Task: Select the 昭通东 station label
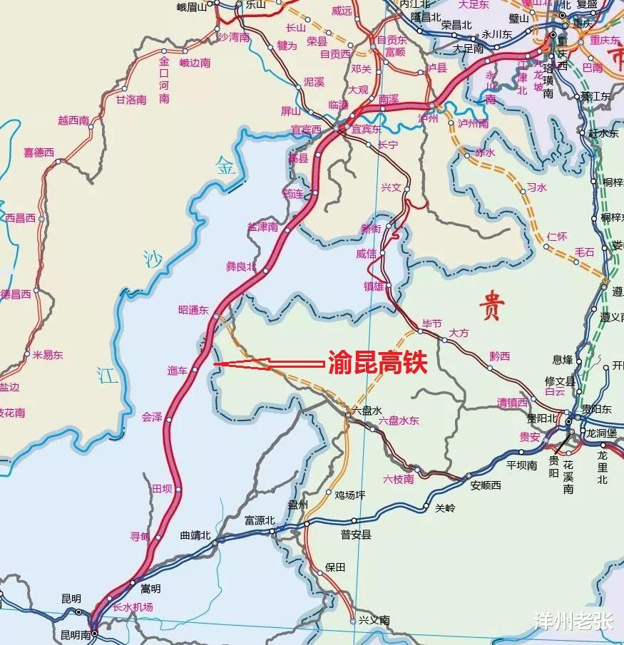click(x=193, y=310)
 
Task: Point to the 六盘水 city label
click(x=367, y=411)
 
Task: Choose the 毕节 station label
click(x=432, y=324)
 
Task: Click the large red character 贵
click(x=491, y=308)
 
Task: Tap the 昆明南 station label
click(x=76, y=634)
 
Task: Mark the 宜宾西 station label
click(x=306, y=130)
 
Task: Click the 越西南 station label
click(x=73, y=121)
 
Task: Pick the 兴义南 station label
click(x=374, y=621)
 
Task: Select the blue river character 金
click(x=225, y=168)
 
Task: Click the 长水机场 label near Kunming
click(x=133, y=607)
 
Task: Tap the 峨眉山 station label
click(x=191, y=7)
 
